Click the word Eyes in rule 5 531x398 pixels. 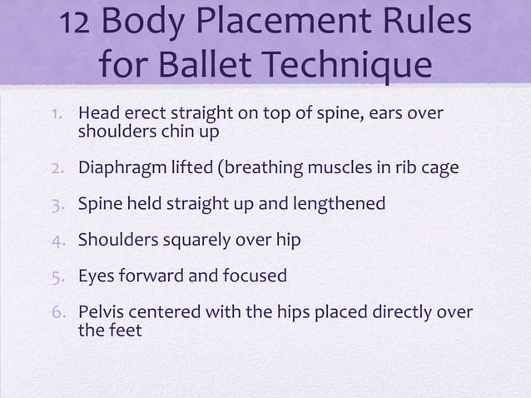pos(95,275)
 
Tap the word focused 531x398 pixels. pos(253,275)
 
